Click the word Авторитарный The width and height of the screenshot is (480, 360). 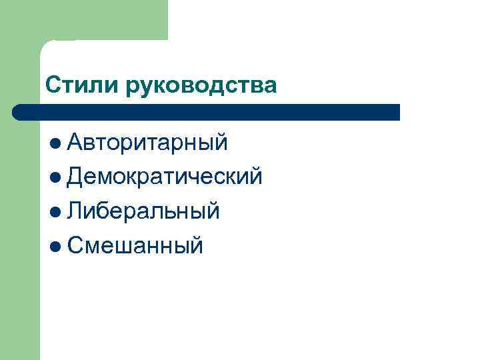pos(148,142)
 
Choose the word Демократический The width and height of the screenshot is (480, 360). pos(165,177)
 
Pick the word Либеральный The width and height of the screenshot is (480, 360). pos(143,211)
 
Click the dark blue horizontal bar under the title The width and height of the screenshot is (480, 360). pos(207,112)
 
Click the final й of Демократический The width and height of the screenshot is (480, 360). pos(255,176)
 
